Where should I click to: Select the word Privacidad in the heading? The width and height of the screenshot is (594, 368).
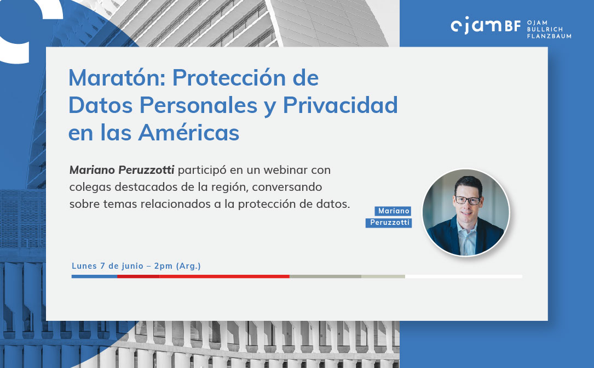pyautogui.click(x=340, y=105)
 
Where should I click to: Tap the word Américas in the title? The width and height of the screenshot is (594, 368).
pyautogui.click(x=189, y=132)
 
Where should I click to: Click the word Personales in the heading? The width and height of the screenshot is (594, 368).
pyautogui.click(x=199, y=105)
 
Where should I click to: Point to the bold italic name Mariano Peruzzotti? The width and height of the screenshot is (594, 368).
pyautogui.click(x=122, y=170)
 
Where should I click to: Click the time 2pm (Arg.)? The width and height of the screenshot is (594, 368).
pyautogui.click(x=177, y=266)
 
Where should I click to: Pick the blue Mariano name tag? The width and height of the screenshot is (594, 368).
pyautogui.click(x=393, y=211)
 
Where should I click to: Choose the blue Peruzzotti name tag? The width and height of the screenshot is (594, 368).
pyautogui.click(x=389, y=223)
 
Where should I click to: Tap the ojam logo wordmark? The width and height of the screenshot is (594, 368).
pyautogui.click(x=476, y=25)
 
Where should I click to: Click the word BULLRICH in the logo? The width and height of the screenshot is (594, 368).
pyautogui.click(x=545, y=29)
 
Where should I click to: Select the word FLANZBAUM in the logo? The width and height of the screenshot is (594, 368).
pyautogui.click(x=549, y=36)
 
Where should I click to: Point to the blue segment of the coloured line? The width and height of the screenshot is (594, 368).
pyautogui.click(x=94, y=276)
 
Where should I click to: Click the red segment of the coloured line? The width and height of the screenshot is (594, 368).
pyautogui.click(x=204, y=276)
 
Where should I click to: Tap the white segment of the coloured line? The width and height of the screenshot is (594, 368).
pyautogui.click(x=464, y=276)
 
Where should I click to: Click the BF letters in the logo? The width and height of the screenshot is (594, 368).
pyautogui.click(x=512, y=26)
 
